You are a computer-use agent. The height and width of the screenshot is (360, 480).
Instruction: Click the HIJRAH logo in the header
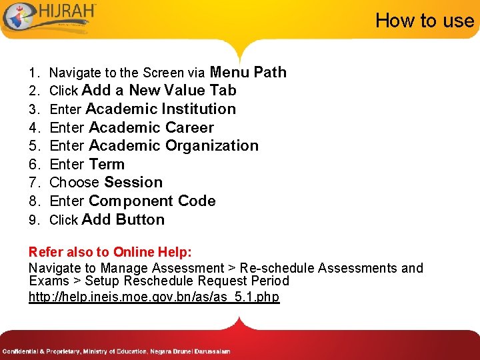coord(50,17)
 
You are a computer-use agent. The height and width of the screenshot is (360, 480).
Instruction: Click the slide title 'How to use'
coord(424,21)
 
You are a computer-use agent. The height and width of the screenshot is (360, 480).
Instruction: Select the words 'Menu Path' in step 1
coord(248,72)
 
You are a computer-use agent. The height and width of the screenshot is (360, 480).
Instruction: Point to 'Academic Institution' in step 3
coord(161,109)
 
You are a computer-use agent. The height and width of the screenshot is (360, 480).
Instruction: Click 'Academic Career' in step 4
coord(151,127)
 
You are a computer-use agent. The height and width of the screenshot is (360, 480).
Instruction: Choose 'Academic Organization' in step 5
coord(173,145)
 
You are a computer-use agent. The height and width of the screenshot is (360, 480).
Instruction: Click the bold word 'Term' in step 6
coord(107,164)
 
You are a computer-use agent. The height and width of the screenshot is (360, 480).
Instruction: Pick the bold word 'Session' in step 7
coord(133,182)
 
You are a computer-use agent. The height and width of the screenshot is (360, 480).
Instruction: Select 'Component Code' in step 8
coord(152,201)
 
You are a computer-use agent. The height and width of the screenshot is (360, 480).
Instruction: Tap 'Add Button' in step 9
coord(123,219)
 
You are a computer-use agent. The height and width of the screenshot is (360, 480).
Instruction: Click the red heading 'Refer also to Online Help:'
coord(110,252)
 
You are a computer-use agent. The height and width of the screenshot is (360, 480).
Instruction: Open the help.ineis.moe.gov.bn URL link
coord(154,297)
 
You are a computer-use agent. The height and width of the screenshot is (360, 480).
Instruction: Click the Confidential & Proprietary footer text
coord(116,351)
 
